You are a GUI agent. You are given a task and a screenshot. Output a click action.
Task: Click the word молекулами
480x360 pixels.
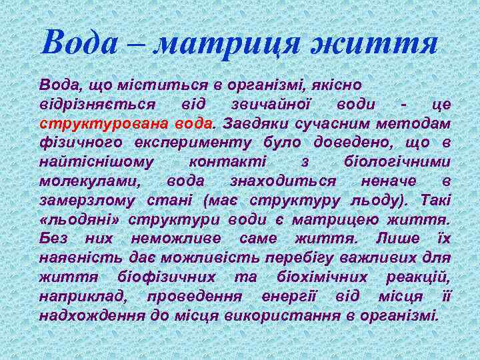(x=88, y=181)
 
